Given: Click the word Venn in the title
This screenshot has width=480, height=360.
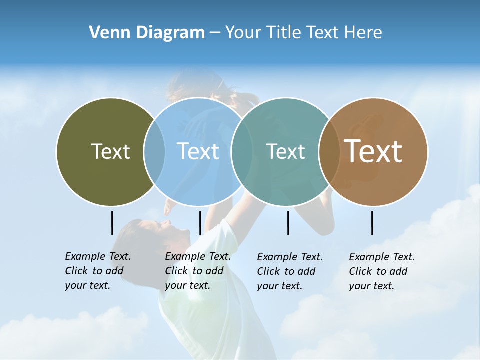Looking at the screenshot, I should pyautogui.click(x=105, y=33).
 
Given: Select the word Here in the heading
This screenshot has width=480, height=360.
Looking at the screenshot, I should pyautogui.click(x=363, y=33).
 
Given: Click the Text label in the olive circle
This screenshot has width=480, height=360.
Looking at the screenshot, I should pyautogui.click(x=110, y=151).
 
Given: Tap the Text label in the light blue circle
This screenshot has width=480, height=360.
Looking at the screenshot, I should pyautogui.click(x=198, y=151).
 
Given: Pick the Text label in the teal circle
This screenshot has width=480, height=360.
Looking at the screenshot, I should pyautogui.click(x=285, y=151).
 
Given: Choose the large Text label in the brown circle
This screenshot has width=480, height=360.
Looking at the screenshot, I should pyautogui.click(x=373, y=151).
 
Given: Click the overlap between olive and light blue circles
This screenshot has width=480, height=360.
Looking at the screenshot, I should pyautogui.click(x=154, y=151).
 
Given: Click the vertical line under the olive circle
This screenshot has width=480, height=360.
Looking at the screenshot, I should pyautogui.click(x=112, y=223).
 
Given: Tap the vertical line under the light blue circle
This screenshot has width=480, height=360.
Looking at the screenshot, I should pyautogui.click(x=200, y=223).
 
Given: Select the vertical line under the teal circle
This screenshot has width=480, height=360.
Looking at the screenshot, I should pyautogui.click(x=288, y=223).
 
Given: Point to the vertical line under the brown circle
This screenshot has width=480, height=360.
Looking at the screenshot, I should pyautogui.click(x=372, y=223).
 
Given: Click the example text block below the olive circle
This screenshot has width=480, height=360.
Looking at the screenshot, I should pyautogui.click(x=97, y=271).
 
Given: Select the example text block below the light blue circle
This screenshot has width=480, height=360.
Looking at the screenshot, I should pyautogui.click(x=197, y=271).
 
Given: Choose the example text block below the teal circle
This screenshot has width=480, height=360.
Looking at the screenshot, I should pyautogui.click(x=289, y=271).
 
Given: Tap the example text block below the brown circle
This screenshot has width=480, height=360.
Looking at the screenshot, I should pyautogui.click(x=381, y=271).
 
